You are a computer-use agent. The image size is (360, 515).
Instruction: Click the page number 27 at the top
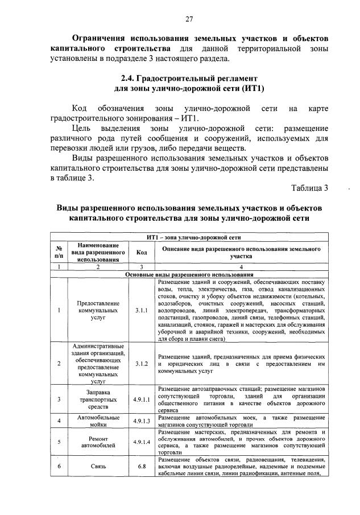click(189, 19)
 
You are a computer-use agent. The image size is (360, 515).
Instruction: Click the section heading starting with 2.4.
click(189, 79)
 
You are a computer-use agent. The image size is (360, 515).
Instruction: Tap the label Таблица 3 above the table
click(309, 188)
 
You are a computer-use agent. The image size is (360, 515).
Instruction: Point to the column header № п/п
click(59, 252)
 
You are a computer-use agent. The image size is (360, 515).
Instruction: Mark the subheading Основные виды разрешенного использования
click(189, 274)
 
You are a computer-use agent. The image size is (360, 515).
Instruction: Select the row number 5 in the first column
click(59, 442)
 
